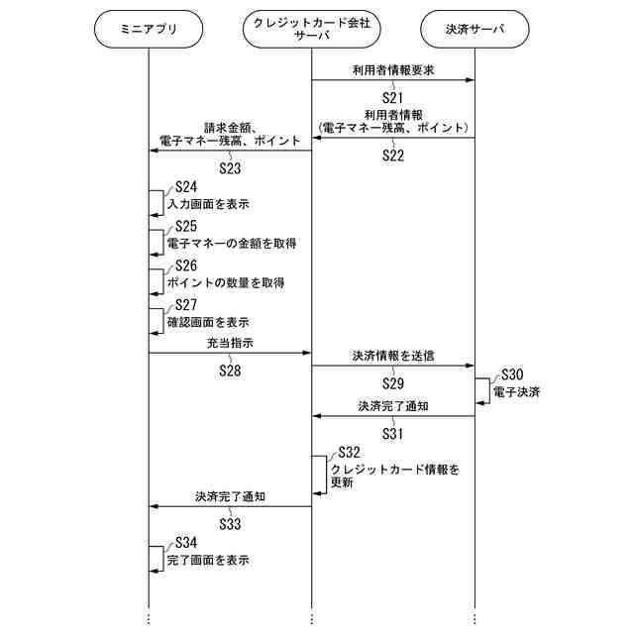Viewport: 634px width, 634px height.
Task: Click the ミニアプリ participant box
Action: pyautogui.click(x=148, y=29)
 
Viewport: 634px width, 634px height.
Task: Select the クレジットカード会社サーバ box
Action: pyautogui.click(x=311, y=29)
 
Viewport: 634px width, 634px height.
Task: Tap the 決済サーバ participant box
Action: pyautogui.click(x=475, y=29)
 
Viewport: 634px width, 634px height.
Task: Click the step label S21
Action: pyautogui.click(x=393, y=97)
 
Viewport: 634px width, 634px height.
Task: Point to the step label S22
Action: pyautogui.click(x=393, y=157)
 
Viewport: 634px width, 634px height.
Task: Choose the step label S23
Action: pyautogui.click(x=230, y=168)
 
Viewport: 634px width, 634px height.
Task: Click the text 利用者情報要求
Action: pyautogui.click(x=392, y=70)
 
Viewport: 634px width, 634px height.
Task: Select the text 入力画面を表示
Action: pyautogui.click(x=207, y=204)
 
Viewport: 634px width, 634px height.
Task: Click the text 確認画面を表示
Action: pyautogui.click(x=207, y=323)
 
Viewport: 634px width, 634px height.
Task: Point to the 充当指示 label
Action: pyautogui.click(x=230, y=342)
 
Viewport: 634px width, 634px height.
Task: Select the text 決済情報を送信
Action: pyautogui.click(x=393, y=355)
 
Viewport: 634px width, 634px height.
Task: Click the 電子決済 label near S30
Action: pyautogui.click(x=516, y=392)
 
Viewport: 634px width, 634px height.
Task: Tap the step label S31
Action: pyautogui.click(x=393, y=433)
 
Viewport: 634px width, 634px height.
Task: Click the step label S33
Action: pyautogui.click(x=230, y=522)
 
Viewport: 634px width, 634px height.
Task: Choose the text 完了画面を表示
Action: pyautogui.click(x=207, y=561)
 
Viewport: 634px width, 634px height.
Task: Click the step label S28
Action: pyautogui.click(x=230, y=370)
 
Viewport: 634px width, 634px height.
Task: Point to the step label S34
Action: pyautogui.click(x=185, y=543)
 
